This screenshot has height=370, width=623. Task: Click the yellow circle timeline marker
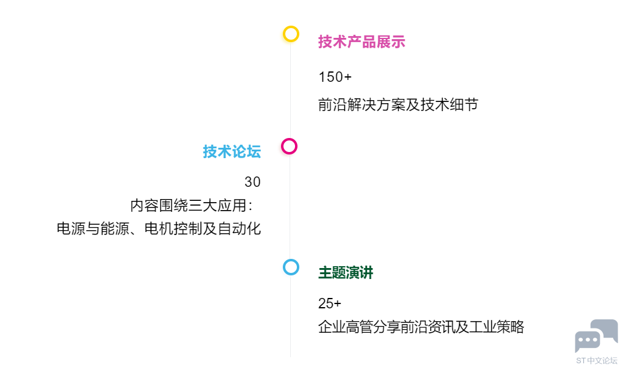[291, 27]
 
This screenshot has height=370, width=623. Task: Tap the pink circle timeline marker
[289, 139]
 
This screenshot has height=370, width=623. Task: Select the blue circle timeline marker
[291, 260]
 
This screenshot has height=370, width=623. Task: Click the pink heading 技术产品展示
[361, 42]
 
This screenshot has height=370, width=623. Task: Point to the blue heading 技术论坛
[232, 151]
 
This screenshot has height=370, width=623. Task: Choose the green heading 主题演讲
[346, 273]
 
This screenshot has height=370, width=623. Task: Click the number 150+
[335, 77]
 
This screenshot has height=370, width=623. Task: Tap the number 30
[252, 182]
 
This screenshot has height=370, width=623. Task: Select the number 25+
[330, 303]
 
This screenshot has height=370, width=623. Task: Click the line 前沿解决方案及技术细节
[398, 104]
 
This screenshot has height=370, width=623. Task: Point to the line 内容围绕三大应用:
[191, 206]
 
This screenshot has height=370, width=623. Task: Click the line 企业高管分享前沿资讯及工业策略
[421, 327]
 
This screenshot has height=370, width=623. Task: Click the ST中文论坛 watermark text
[597, 360]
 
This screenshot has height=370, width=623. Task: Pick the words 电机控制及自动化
[202, 229]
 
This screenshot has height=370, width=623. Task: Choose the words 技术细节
[449, 104]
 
